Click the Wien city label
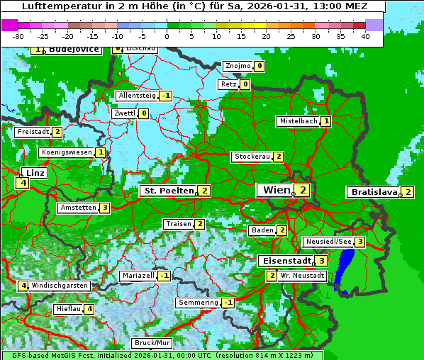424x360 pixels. [277, 190]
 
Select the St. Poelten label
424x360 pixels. [168, 191]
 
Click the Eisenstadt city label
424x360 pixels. [286, 261]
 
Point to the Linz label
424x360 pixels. [35, 173]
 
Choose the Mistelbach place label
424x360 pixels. [298, 121]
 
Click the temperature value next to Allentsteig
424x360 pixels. [166, 96]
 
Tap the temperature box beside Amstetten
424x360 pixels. [105, 208]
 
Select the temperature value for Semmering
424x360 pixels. [228, 303]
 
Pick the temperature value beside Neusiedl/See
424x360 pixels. [360, 242]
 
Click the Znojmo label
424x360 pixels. [238, 66]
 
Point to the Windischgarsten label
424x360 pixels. [60, 286]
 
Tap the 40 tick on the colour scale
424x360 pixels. [365, 35]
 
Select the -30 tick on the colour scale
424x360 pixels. [19, 35]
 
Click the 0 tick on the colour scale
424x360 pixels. [167, 35]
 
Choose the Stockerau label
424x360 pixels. [252, 157]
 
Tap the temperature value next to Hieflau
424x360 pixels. [89, 309]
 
